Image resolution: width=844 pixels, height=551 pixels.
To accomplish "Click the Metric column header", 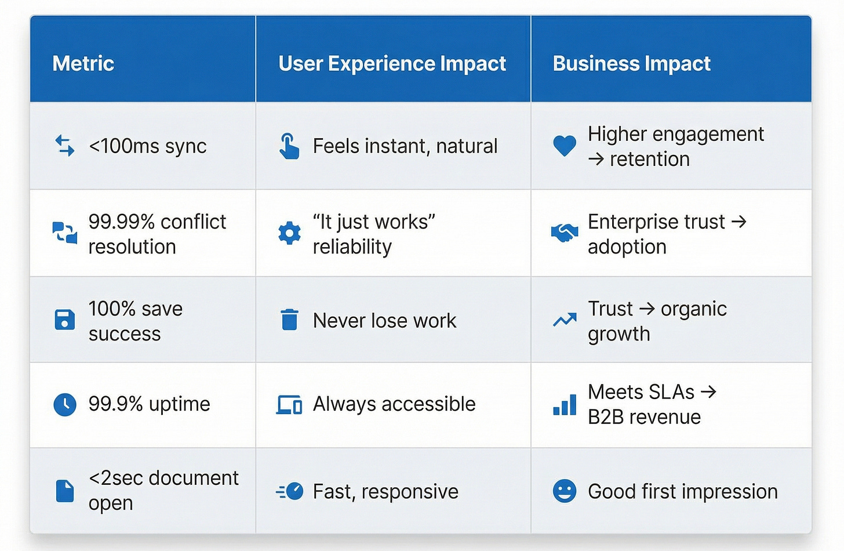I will point(83,63).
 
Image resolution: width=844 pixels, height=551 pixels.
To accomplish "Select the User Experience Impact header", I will point(392,63).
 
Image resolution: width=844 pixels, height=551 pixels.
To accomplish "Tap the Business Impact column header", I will point(631,63).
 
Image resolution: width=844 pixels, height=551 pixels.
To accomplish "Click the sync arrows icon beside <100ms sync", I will point(64,146).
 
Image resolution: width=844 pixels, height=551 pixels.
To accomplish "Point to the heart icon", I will point(564,146).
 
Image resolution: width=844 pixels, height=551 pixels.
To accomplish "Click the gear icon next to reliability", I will point(289,233).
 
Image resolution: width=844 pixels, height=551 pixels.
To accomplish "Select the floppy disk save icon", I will point(64,320).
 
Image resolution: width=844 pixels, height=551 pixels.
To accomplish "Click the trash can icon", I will point(289,320).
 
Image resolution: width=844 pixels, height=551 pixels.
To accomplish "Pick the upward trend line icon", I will point(564,320).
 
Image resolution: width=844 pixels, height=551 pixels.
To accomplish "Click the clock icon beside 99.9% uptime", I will point(64,404).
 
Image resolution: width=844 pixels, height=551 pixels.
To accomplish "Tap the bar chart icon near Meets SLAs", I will point(564,405).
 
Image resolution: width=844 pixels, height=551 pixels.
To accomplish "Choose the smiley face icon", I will point(564,491).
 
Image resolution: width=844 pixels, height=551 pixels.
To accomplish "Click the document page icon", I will point(64,491).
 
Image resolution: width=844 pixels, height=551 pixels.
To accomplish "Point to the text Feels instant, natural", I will point(405,146).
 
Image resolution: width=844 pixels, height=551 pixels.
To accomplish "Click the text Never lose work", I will point(384,321).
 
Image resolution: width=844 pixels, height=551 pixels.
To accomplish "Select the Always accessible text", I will point(394,404).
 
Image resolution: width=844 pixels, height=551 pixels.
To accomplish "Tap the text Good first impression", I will point(682,492).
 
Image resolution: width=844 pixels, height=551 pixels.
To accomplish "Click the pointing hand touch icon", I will point(289,146).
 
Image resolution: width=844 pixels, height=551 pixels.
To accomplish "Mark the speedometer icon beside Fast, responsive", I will point(290,491).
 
